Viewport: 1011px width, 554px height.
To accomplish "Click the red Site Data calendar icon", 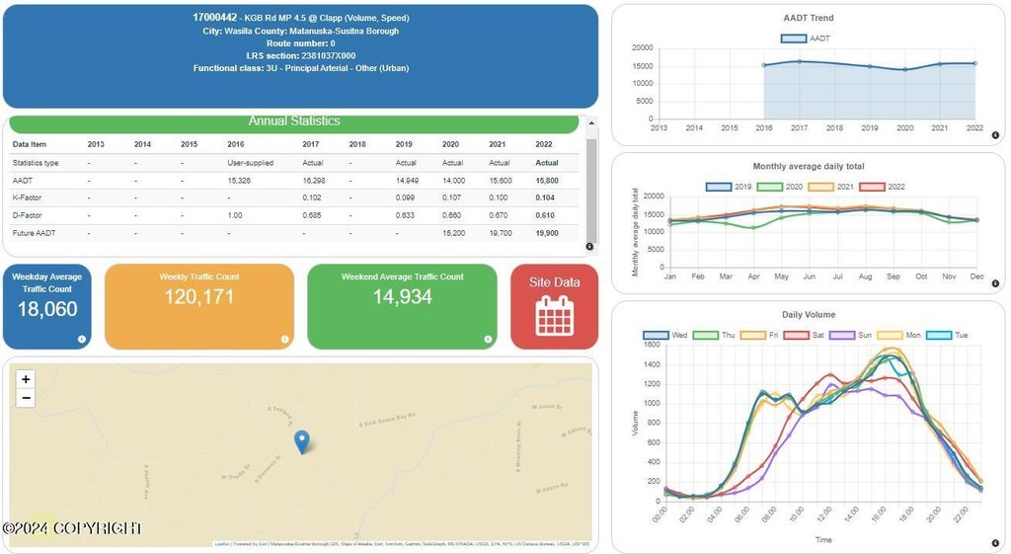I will [554, 315].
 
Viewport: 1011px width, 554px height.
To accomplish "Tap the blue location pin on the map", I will [302, 441].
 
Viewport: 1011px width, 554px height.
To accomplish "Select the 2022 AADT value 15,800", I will [547, 181].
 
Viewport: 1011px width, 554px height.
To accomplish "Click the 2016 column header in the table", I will [236, 144].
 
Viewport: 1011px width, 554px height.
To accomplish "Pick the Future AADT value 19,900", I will [547, 233].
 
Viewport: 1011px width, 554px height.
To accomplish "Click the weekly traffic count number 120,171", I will [199, 296].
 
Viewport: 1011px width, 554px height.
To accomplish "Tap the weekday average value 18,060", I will [47, 309].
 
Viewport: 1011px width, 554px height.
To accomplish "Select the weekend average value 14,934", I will [403, 296].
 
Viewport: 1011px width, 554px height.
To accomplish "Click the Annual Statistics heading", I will [294, 121].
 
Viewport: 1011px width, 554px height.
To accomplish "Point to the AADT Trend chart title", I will [808, 18].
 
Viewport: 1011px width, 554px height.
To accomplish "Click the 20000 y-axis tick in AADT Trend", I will [643, 47].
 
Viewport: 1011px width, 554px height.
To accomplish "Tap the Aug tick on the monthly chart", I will [866, 277].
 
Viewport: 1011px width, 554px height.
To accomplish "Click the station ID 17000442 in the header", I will [214, 18].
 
